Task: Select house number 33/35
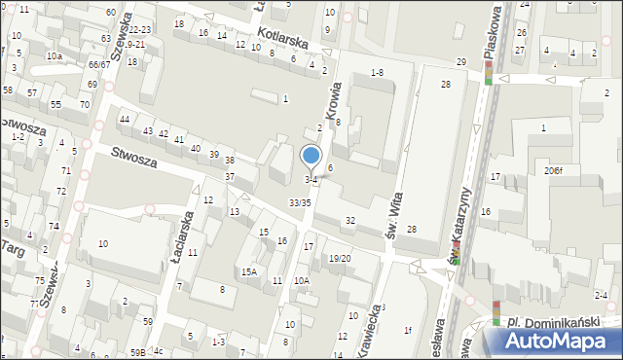(300, 202)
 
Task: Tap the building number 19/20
(339, 258)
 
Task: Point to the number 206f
(554, 170)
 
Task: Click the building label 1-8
(378, 73)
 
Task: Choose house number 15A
(249, 272)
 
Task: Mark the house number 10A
(302, 281)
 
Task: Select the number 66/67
(98, 64)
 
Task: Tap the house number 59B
(138, 352)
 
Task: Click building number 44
(124, 119)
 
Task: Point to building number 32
(350, 222)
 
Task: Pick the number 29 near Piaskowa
(460, 61)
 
